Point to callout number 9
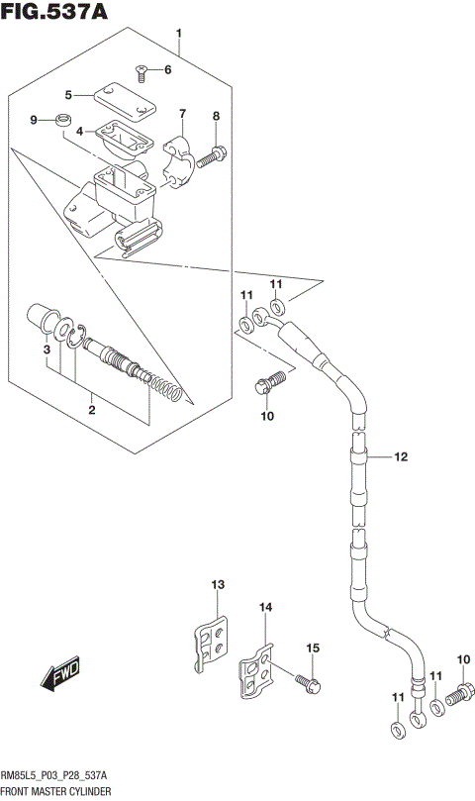[35, 121]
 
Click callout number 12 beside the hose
[400, 456]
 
